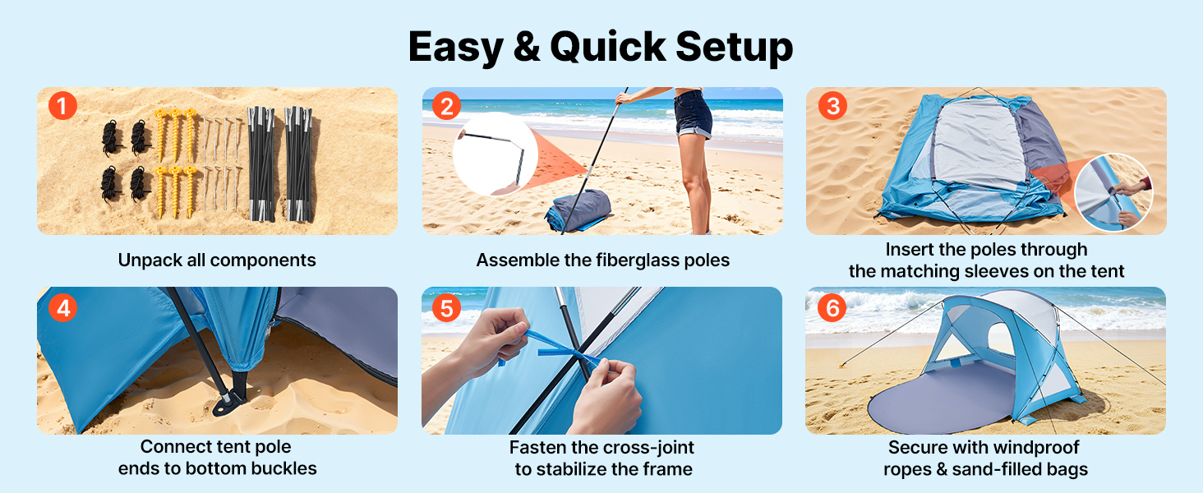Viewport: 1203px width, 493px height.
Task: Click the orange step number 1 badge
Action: [x=62, y=105]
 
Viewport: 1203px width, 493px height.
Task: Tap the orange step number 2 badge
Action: [x=447, y=105]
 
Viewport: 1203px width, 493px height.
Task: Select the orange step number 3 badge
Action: [x=832, y=105]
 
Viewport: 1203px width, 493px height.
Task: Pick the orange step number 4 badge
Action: [x=62, y=308]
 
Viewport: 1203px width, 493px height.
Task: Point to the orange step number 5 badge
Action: [x=447, y=308]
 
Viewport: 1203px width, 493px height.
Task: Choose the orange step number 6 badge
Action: [x=832, y=308]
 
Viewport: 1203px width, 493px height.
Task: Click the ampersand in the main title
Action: [x=526, y=48]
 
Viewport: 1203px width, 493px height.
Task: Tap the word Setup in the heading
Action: [x=734, y=48]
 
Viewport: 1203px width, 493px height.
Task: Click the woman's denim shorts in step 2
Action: [x=693, y=114]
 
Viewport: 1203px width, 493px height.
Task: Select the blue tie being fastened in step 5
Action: [x=559, y=350]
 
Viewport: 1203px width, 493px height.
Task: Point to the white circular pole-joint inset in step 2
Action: [x=495, y=154]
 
